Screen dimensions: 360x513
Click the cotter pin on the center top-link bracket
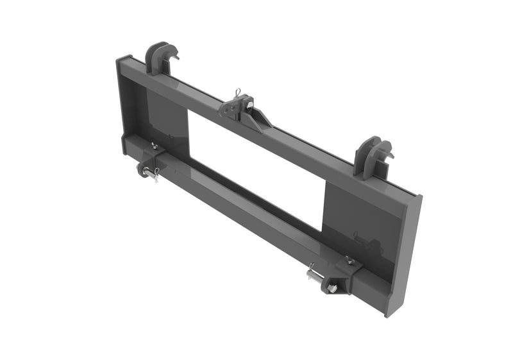tap(237, 93)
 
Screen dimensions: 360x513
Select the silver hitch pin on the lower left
tap(152, 173)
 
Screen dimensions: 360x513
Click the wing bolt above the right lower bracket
tap(349, 260)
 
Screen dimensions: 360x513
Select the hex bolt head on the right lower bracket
tap(332, 289)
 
